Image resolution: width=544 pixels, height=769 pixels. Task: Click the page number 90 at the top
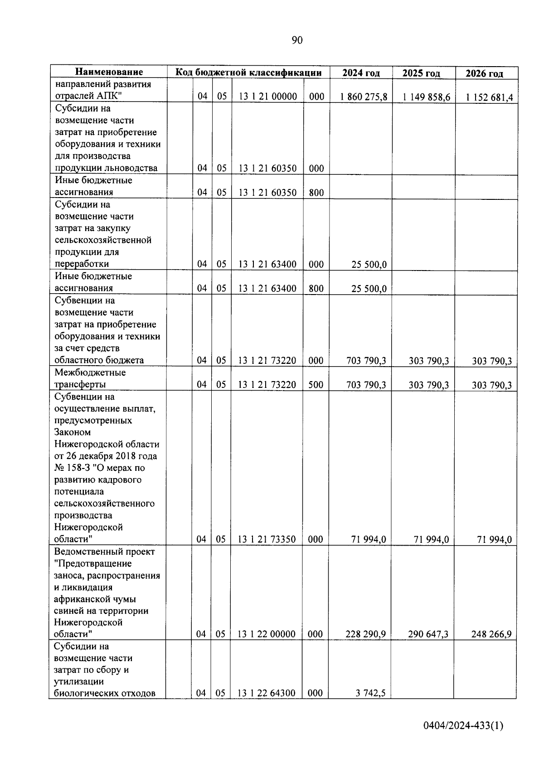297,40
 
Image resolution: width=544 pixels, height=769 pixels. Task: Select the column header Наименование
109,72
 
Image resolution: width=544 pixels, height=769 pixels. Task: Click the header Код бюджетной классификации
248,72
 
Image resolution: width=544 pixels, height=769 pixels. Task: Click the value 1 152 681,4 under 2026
486,97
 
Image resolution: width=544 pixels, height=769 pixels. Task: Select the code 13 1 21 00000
267,96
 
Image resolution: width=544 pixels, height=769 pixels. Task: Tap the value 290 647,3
428,634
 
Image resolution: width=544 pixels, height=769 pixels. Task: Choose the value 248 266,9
491,634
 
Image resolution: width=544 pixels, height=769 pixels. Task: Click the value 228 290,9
365,634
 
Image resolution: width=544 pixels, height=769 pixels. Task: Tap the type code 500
316,385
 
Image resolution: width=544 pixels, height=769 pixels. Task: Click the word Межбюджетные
90,372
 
